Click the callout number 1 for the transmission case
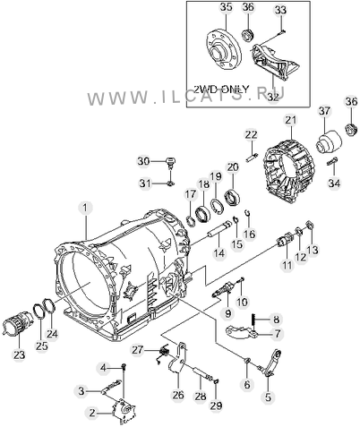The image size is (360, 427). (85, 208)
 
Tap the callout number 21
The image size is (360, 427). (291, 120)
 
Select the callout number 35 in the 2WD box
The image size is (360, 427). (227, 7)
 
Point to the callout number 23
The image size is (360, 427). (19, 355)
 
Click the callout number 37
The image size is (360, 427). (324, 111)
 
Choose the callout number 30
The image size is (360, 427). (143, 161)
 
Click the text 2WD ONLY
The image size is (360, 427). (221, 90)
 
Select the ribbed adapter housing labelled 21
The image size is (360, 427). (288, 170)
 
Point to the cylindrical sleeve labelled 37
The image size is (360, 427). (329, 142)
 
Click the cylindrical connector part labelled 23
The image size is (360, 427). (16, 323)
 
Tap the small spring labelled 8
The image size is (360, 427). (254, 321)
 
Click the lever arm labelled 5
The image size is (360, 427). (271, 363)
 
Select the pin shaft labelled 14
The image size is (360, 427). (219, 228)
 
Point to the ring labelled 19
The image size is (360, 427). (218, 205)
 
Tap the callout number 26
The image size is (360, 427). (177, 395)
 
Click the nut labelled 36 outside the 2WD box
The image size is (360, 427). (350, 130)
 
